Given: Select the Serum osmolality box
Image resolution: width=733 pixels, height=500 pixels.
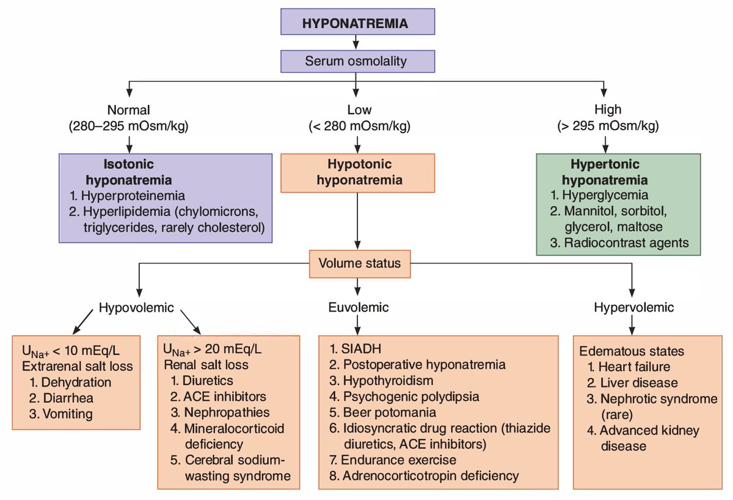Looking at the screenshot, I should pos(357,61).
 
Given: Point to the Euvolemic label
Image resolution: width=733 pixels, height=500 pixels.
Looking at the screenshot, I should pos(357,307).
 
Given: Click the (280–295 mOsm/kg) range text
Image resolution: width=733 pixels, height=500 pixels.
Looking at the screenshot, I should pos(129,127).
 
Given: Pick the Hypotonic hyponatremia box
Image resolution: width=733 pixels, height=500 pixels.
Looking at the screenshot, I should pos(357,172).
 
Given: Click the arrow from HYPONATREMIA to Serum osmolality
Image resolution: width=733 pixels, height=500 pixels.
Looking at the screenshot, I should pos(357,42).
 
